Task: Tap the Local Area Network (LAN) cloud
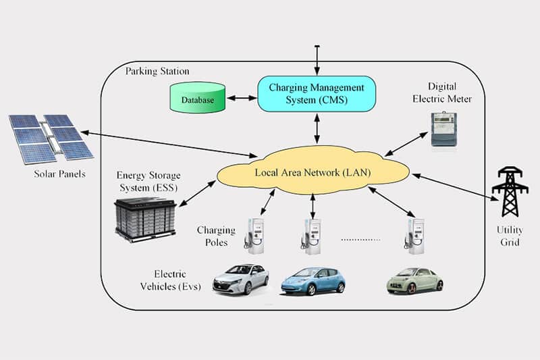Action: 313,172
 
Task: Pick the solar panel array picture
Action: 50,138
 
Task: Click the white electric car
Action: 240,278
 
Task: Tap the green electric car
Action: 414,280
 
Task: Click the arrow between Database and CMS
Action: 242,99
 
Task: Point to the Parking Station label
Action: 157,71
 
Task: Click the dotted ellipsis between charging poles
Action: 360,239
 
